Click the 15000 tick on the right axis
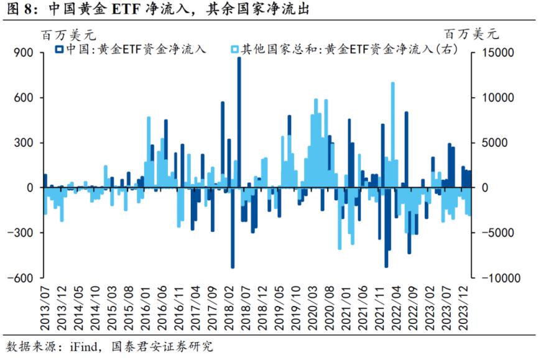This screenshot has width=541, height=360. (x=495, y=53)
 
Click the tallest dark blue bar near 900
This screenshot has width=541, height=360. (x=239, y=124)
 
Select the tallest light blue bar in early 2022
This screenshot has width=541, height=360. (x=392, y=134)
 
